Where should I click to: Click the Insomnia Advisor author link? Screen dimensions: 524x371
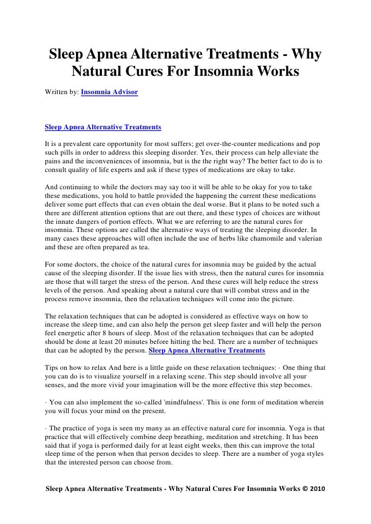(x=109, y=91)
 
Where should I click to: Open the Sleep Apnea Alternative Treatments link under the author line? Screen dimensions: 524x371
(x=103, y=126)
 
